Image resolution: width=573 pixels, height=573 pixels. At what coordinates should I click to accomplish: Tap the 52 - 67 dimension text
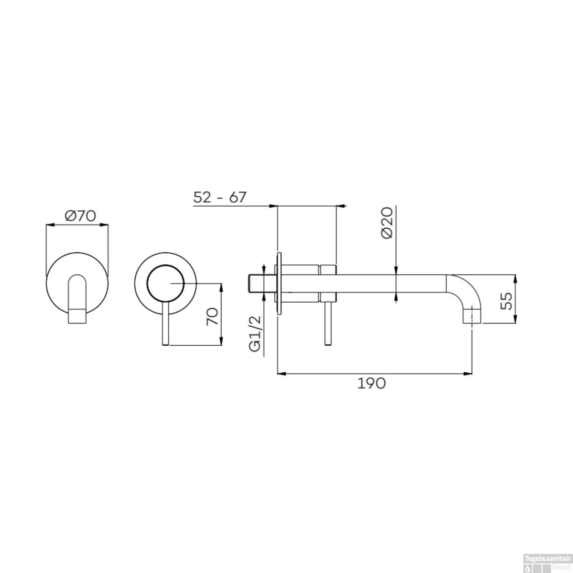tap(220, 197)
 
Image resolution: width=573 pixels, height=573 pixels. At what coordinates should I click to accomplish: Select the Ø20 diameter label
tap(387, 223)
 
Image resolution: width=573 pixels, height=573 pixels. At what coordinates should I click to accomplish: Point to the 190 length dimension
tap(371, 383)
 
